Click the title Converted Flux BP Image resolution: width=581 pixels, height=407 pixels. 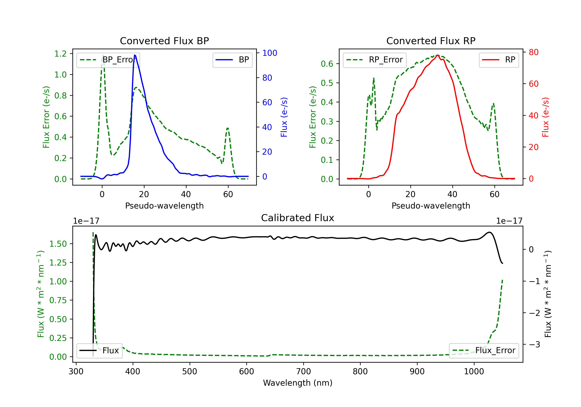[x=164, y=41]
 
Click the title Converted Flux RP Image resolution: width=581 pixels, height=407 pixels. [x=431, y=41]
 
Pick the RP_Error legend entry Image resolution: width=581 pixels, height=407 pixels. [x=375, y=60]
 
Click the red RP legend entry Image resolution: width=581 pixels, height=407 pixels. [x=499, y=60]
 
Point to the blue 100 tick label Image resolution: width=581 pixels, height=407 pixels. [x=270, y=53]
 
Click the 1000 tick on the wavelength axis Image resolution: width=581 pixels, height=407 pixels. [x=474, y=371]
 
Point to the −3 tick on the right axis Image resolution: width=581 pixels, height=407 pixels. [x=534, y=344]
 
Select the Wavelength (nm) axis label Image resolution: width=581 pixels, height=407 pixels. [x=298, y=383]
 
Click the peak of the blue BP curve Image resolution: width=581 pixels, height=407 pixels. [x=135, y=55]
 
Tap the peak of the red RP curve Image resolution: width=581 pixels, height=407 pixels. [x=437, y=55]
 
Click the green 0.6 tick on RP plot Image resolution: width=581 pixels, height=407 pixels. [x=327, y=64]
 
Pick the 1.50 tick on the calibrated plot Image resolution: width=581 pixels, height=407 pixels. [x=58, y=244]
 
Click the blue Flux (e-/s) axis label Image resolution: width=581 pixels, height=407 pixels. [x=284, y=117]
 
